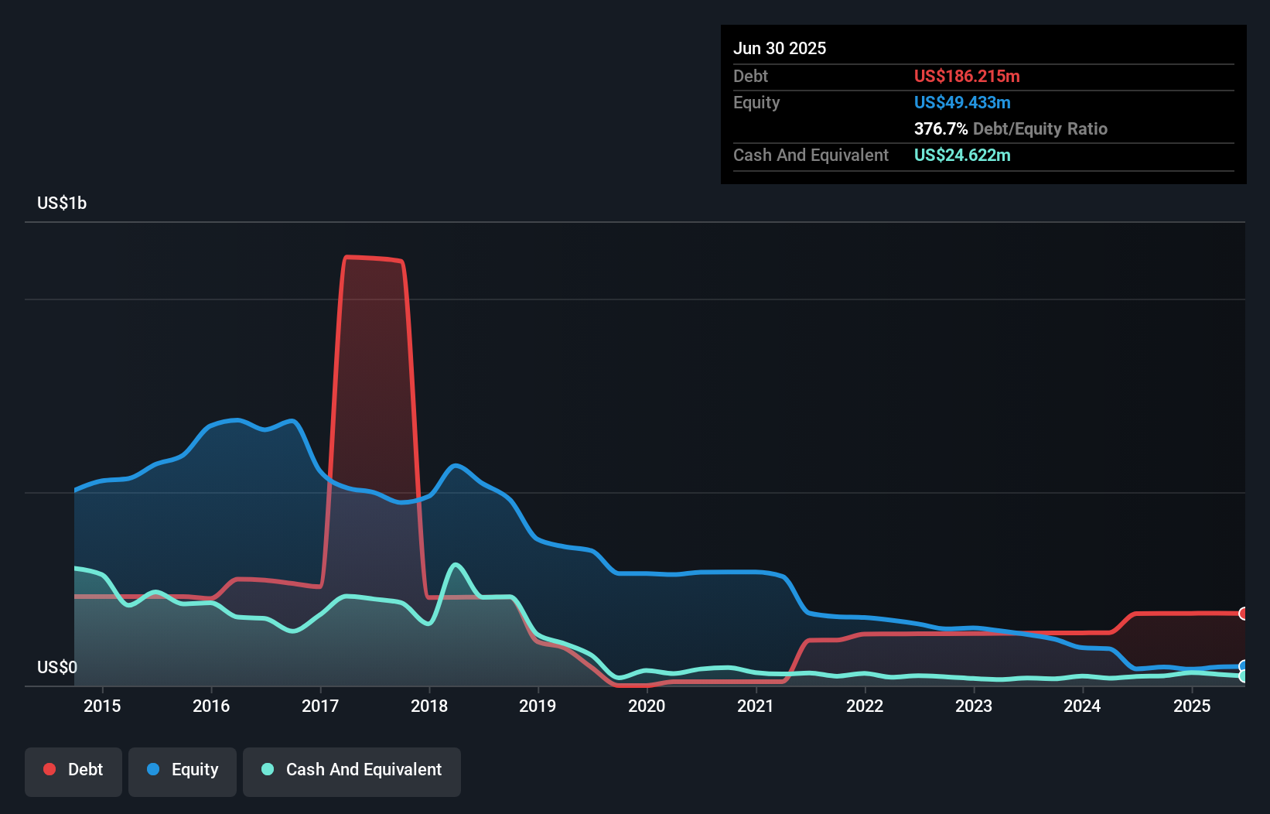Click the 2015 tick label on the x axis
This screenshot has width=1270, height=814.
click(102, 706)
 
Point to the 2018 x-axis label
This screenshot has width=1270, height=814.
click(428, 706)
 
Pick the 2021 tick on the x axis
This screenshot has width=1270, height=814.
click(755, 706)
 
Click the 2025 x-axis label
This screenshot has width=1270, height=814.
click(1191, 706)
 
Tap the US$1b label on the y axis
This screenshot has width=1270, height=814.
click(62, 203)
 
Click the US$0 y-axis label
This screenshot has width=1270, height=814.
click(57, 668)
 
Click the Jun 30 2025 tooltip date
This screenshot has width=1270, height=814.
click(779, 49)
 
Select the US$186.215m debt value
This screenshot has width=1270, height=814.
click(966, 77)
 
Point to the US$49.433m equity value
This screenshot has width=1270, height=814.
click(961, 103)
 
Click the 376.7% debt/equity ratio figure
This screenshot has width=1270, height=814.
click(941, 129)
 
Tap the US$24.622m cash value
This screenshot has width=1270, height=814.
click(961, 156)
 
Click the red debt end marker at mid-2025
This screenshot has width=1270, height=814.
click(1243, 614)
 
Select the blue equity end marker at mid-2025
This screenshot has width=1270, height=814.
click(1243, 666)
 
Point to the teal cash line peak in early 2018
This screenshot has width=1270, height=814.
click(456, 565)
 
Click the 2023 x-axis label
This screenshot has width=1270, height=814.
click(973, 706)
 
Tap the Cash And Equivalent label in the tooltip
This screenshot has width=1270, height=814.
click(811, 156)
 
